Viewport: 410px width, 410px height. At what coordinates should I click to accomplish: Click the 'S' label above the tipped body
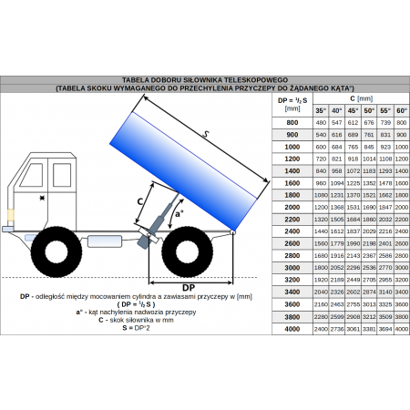point(208,136)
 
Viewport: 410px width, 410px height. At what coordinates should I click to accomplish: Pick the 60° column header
point(402,110)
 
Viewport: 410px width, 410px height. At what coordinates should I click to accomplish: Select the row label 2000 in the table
point(292,207)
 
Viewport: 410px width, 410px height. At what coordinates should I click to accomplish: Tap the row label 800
point(292,122)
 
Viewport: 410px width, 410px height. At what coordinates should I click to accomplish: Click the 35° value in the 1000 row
point(321,146)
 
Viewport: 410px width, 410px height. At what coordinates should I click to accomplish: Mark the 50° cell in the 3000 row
point(370,267)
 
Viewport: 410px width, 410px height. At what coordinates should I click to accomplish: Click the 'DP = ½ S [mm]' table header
point(292,104)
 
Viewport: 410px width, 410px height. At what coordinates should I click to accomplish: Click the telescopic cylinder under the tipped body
point(161,216)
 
